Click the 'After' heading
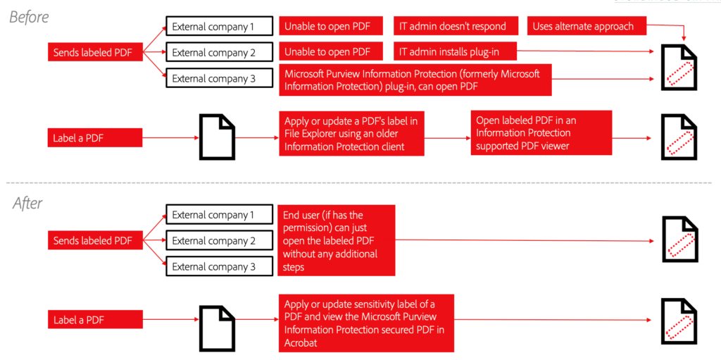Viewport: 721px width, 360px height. (x=27, y=204)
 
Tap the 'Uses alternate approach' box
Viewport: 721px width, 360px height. (x=583, y=27)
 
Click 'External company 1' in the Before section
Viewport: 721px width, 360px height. (x=219, y=27)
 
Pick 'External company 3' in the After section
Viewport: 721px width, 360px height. (x=219, y=266)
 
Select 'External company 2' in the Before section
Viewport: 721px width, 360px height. (x=219, y=52)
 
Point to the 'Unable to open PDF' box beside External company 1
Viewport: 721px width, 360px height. (x=327, y=27)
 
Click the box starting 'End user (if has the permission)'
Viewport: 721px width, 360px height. (x=337, y=240)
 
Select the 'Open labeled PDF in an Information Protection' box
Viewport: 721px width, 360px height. (x=541, y=133)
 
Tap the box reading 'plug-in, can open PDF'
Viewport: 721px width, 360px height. (x=414, y=80)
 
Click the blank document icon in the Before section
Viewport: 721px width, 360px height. (x=217, y=137)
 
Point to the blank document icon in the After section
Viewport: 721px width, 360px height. (x=217, y=327)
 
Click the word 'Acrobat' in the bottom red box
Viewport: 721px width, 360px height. (x=301, y=342)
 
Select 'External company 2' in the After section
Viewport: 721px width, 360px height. (x=219, y=241)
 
